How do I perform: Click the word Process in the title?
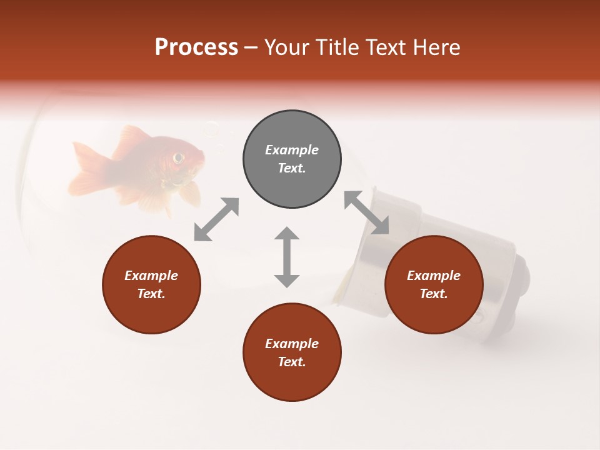(196, 47)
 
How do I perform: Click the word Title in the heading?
(336, 47)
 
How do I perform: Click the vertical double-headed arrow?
(287, 257)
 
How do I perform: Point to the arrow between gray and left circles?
(216, 219)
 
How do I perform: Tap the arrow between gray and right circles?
(367, 212)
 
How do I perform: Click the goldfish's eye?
(179, 157)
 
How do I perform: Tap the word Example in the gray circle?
(292, 150)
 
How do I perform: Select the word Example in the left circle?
(151, 276)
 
